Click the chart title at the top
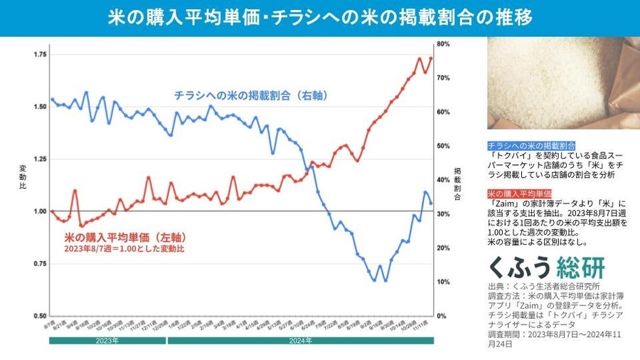point(320,18)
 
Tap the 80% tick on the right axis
point(443,44)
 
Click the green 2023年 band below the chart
point(107,341)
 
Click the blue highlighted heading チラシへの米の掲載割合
point(531,144)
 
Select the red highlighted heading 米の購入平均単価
point(520,194)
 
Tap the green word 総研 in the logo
point(581,267)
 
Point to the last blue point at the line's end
point(431,203)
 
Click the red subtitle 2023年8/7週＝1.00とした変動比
point(124,249)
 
